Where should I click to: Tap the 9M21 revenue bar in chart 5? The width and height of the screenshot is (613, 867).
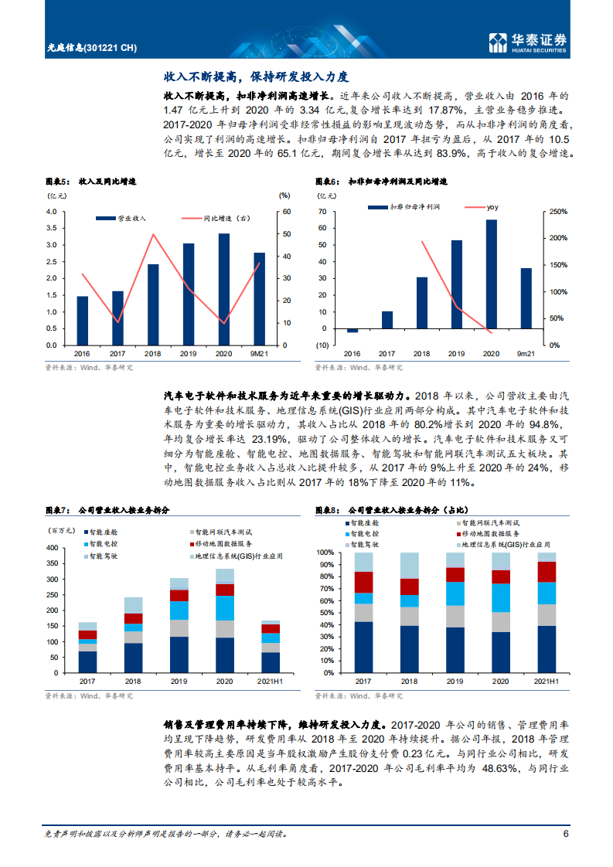[x=259, y=298]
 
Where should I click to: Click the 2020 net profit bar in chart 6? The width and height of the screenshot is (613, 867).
[x=492, y=275]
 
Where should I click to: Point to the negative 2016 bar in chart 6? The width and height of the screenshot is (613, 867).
[x=352, y=330]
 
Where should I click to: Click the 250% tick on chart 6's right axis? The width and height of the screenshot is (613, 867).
[x=557, y=211]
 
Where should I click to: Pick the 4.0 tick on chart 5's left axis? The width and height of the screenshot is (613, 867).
[x=51, y=211]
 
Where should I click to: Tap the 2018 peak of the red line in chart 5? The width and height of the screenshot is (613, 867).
[x=153, y=234]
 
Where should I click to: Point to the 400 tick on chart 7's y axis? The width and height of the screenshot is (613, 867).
[x=53, y=547]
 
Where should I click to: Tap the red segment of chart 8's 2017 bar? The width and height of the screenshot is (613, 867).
[x=363, y=582]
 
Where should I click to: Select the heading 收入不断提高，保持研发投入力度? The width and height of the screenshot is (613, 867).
[x=257, y=77]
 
